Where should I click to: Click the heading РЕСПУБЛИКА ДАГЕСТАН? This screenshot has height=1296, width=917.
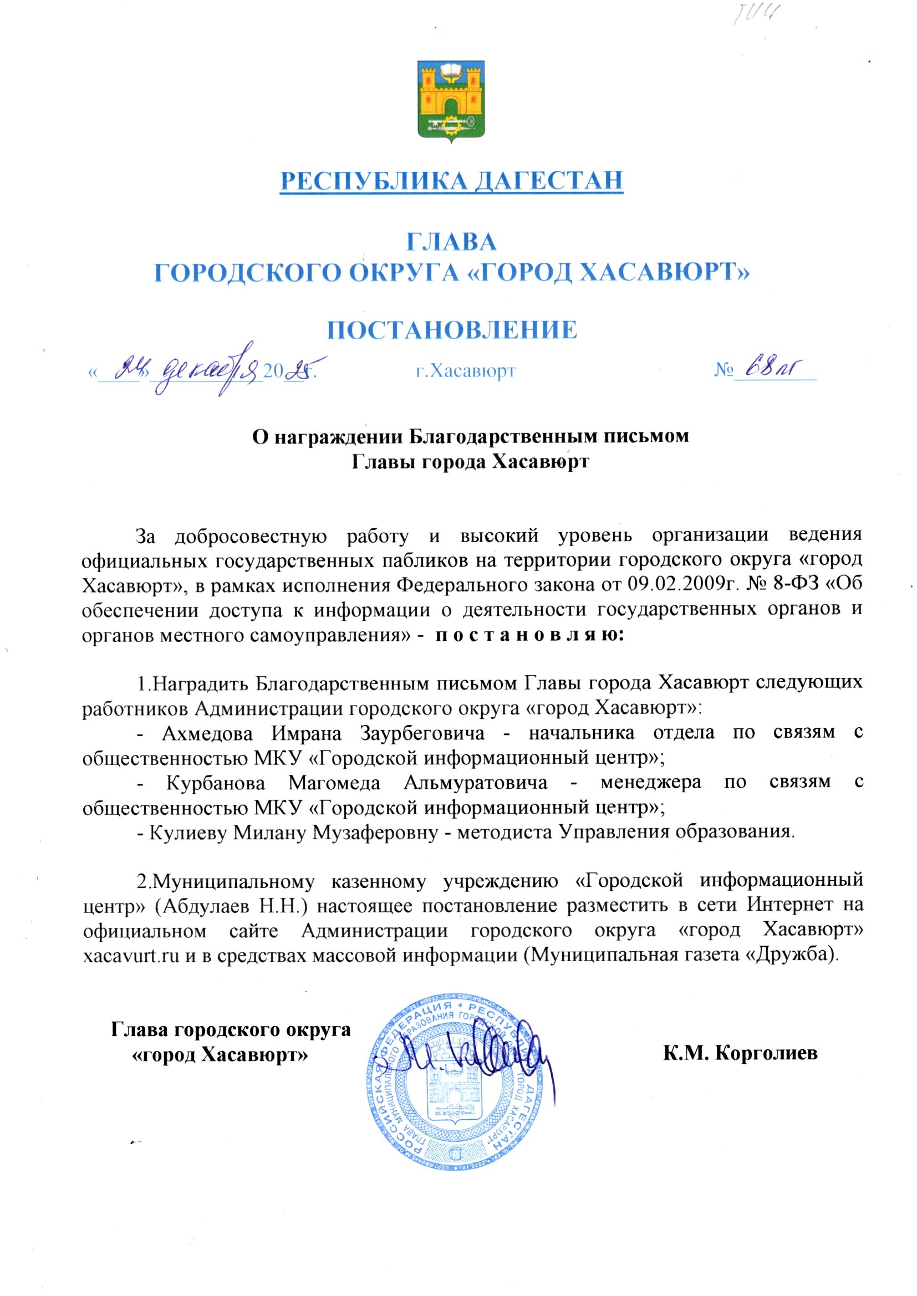[452, 181]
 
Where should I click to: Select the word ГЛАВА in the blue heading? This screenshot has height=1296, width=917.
[452, 242]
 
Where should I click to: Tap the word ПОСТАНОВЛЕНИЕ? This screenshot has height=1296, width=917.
[452, 330]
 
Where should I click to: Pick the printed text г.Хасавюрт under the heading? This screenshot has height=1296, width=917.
[465, 371]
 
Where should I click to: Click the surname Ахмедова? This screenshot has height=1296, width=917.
[207, 733]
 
